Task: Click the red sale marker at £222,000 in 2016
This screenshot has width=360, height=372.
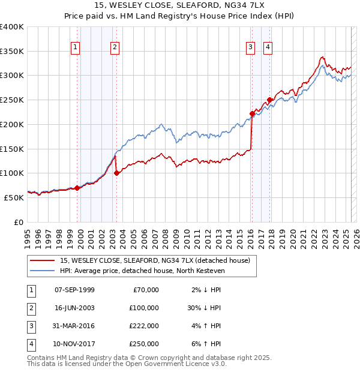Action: (252, 113)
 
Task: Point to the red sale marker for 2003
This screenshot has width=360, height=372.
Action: (116, 173)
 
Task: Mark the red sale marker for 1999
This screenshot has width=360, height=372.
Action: (77, 188)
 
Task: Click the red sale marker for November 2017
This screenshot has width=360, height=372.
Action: (269, 100)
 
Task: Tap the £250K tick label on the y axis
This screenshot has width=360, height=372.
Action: (12, 100)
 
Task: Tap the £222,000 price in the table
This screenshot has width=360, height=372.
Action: (145, 326)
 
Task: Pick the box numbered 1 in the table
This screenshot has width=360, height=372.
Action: (29, 290)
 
